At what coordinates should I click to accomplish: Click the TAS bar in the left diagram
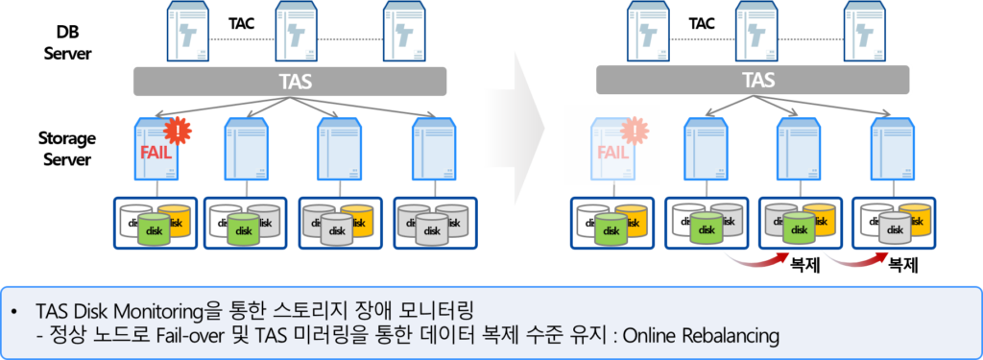tap(287, 82)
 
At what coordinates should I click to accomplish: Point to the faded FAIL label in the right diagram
tap(613, 151)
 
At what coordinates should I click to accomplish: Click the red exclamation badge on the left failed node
tap(176, 129)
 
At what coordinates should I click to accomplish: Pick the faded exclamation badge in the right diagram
tap(632, 130)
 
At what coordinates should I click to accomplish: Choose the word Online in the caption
tap(652, 336)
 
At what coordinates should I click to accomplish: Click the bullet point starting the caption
tap(15, 313)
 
